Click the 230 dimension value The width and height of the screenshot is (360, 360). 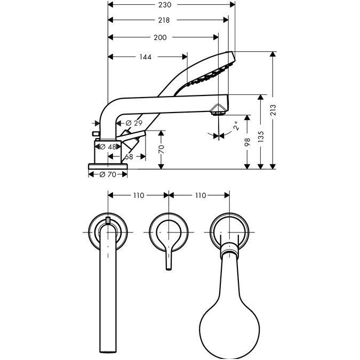(165, 5)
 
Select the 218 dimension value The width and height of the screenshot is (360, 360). (164, 20)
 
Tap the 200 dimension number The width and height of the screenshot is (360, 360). (160, 37)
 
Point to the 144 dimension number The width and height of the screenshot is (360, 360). (145, 57)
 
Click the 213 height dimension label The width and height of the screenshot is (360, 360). (273, 110)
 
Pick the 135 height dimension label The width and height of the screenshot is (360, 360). (261, 137)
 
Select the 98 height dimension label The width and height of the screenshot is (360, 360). (247, 142)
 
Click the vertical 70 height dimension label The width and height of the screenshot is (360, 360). (162, 149)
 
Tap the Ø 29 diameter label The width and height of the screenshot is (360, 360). (134, 123)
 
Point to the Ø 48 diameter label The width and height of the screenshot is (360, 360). (108, 147)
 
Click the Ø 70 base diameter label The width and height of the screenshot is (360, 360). (108, 174)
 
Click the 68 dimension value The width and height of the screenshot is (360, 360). (129, 157)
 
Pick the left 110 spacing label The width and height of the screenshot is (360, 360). (139, 195)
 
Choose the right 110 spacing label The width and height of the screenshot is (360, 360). (201, 195)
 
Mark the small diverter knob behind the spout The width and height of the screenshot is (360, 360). (95, 133)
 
